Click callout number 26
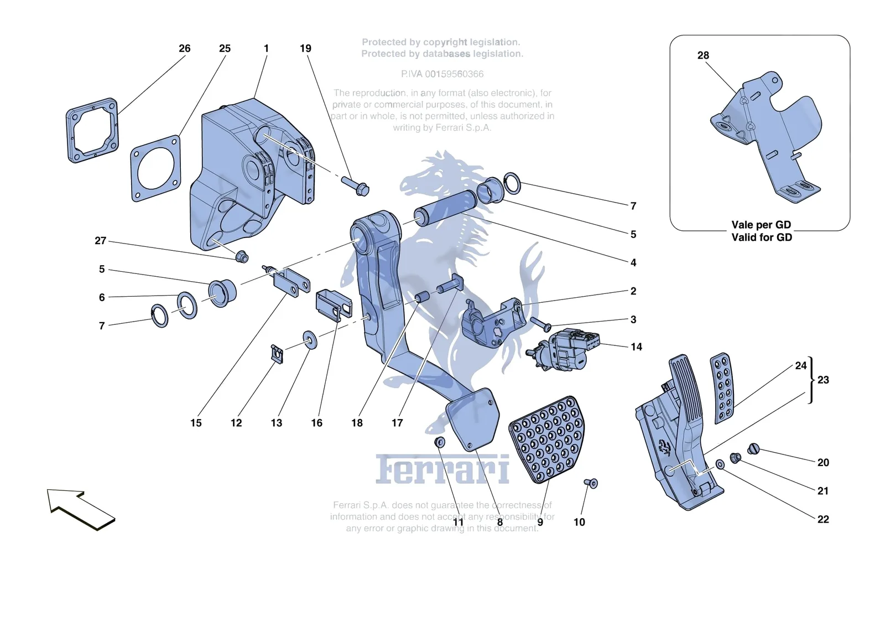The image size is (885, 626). point(185,48)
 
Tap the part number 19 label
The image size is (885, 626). point(305,48)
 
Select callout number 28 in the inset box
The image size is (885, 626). point(703,55)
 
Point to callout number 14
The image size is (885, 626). point(636,347)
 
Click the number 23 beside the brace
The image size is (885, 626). point(823,380)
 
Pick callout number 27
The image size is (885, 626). point(100,240)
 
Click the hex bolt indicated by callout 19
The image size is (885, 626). point(355,187)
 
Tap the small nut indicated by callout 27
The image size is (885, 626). point(242,257)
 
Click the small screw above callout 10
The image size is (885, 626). point(591,483)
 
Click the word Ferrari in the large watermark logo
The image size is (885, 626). point(442,469)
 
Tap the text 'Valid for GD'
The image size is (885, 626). point(762,237)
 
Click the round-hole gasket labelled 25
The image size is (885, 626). point(155,168)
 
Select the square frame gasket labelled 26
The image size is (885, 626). point(92,131)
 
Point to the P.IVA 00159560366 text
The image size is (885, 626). point(442,74)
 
